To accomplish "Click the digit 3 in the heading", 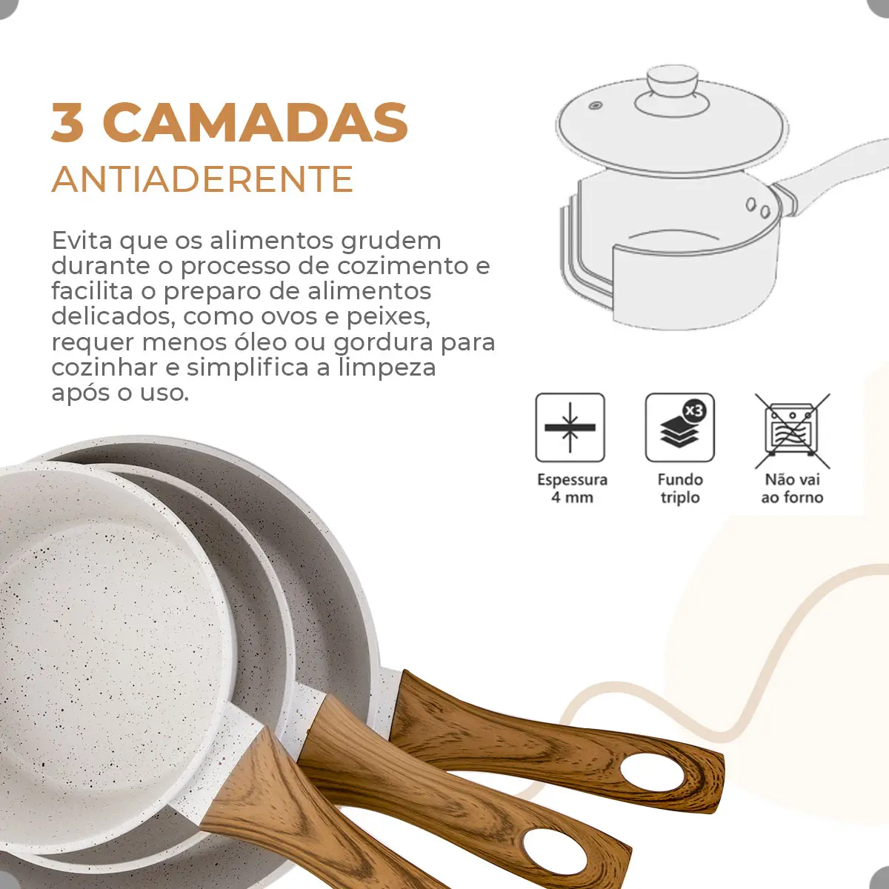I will [67, 122].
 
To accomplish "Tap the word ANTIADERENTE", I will [202, 179].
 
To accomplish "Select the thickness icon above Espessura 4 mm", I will [570, 427].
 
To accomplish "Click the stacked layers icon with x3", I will [679, 427].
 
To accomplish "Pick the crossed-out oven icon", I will [792, 430].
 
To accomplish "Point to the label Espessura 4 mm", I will [572, 488].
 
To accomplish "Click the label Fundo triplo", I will [680, 488].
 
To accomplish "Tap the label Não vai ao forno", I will [792, 488].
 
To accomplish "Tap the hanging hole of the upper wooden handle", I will [652, 773].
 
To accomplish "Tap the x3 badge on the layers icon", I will [694, 410].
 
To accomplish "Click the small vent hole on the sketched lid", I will [594, 106].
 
